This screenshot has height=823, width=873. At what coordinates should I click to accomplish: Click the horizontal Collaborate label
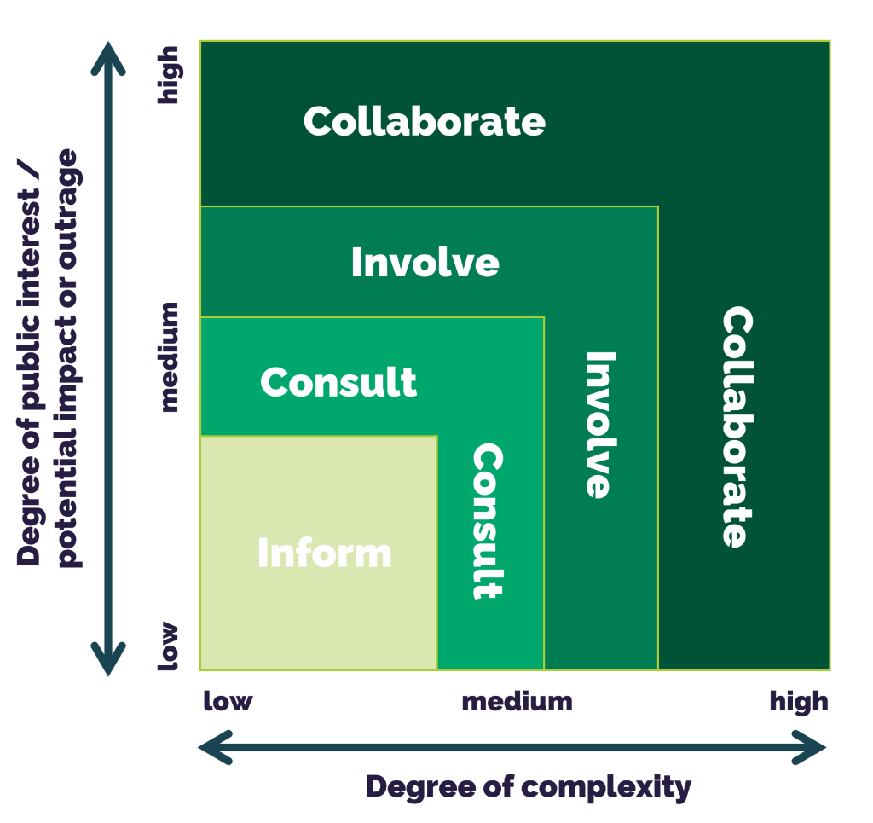pos(425,122)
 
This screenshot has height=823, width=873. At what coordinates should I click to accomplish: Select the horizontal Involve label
pos(425,263)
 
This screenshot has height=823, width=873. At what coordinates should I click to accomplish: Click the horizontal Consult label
pos(338,382)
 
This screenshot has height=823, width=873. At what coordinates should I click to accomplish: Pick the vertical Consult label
pos(488,520)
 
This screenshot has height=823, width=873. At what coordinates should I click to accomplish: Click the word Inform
pos(325,553)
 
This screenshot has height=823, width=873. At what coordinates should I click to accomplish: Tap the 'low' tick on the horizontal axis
pos(228,701)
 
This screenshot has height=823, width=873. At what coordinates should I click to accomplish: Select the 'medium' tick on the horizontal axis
pos(517,701)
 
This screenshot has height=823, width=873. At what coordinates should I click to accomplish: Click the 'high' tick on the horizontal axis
pos(799,702)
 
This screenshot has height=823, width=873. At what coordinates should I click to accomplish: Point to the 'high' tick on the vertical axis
pos(169,75)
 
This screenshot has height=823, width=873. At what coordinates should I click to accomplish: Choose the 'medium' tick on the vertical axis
pos(169,356)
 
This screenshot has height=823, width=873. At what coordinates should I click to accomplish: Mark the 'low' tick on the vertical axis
pos(169,646)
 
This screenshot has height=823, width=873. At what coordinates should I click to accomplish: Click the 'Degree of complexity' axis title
pos(528,787)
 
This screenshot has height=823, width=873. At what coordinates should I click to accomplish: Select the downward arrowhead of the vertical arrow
pos(108,661)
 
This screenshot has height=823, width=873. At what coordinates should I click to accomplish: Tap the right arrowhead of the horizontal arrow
pos(814,748)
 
